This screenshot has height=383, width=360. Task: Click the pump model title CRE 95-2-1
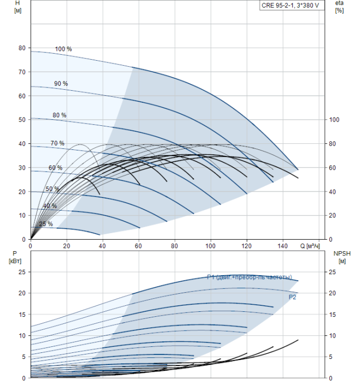(290, 5)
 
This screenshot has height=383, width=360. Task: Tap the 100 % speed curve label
(63, 49)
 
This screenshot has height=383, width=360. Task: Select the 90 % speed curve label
(61, 84)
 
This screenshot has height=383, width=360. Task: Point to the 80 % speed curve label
(59, 115)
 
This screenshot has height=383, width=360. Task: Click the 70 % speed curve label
(57, 143)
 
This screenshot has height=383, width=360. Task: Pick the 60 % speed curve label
(55, 168)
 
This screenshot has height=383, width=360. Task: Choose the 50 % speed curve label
(53, 189)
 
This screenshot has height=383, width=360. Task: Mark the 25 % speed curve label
(46, 224)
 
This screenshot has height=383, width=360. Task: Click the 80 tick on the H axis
(22, 48)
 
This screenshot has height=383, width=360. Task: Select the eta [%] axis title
(339, 7)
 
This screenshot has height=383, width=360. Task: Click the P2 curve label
(293, 297)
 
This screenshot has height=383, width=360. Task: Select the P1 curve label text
(249, 277)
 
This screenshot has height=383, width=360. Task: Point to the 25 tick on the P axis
(22, 272)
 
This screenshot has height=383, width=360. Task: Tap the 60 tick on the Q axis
(138, 246)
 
